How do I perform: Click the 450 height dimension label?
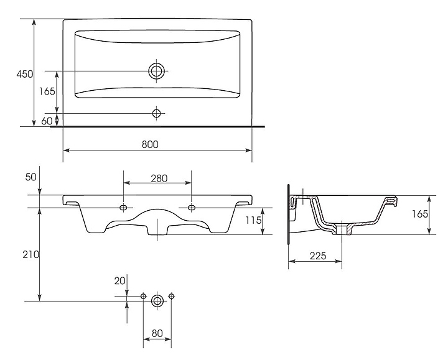click(x=24, y=74)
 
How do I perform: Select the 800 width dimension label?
click(x=150, y=144)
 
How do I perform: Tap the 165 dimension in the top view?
click(x=47, y=91)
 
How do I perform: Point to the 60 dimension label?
click(x=47, y=121)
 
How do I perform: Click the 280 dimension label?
click(x=159, y=178)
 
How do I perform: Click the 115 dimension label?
click(x=251, y=220)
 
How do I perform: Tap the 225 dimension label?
click(x=318, y=254)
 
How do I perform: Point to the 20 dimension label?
click(x=119, y=280)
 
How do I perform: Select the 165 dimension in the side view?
click(x=420, y=214)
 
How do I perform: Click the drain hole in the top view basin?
click(x=157, y=71)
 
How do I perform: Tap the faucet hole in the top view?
click(x=157, y=113)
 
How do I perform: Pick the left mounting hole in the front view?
click(x=123, y=206)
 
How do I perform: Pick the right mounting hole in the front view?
click(x=191, y=206)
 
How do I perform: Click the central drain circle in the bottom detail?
click(x=157, y=301)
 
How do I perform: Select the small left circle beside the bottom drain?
click(x=144, y=296)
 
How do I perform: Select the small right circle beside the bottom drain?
click(x=171, y=296)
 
